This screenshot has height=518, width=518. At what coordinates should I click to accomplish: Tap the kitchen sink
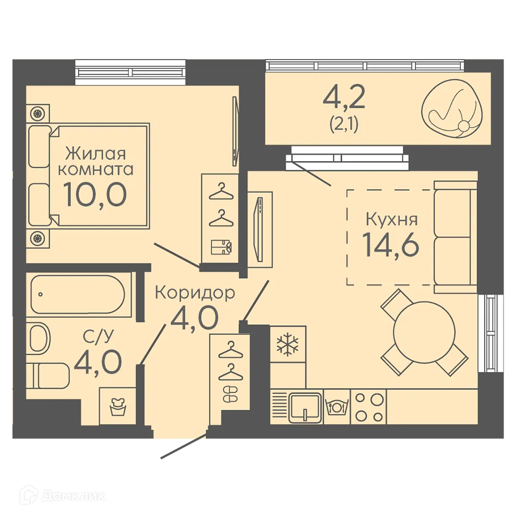coord(305,408)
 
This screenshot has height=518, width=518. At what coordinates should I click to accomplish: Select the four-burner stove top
coord(368,408)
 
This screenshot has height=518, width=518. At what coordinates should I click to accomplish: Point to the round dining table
coord(424,332)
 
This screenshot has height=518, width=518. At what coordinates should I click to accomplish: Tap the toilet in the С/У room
coord(48,376)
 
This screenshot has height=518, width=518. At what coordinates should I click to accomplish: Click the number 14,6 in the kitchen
coord(391,244)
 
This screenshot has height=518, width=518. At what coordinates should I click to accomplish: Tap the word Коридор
coord(195,292)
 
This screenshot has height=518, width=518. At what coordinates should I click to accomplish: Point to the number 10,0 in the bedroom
coord(95,195)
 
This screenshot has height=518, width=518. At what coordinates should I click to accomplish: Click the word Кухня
coord(392,219)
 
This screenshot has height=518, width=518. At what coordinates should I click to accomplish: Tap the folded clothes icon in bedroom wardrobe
coord(221,247)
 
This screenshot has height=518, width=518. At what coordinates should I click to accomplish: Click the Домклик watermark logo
coord(63,496)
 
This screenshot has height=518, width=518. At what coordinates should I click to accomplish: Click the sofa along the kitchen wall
coord(455,237)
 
